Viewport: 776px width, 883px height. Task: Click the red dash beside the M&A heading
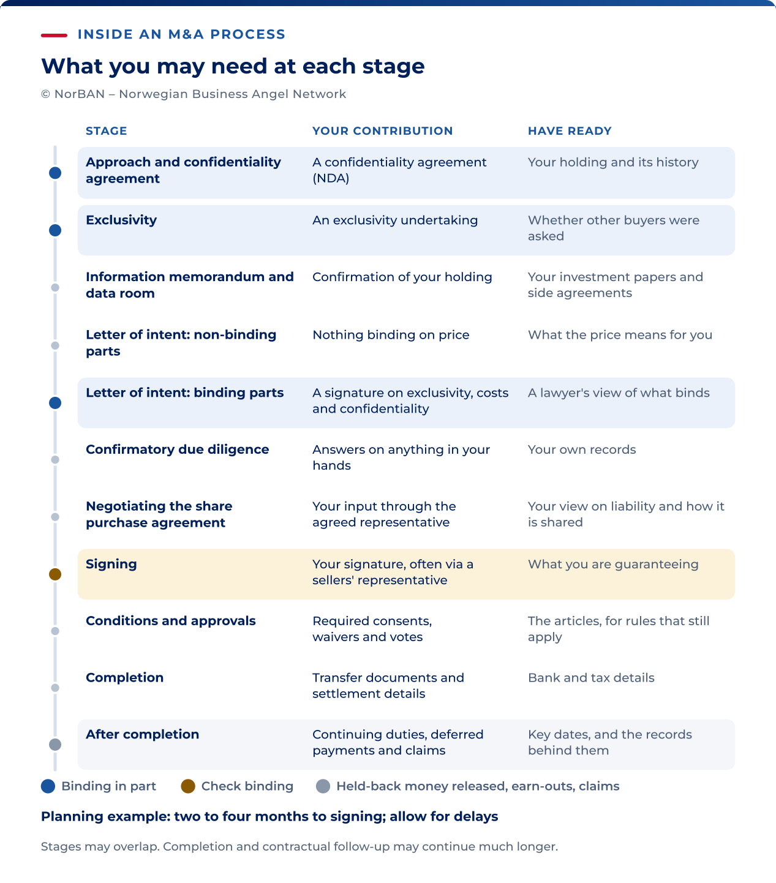coord(54,36)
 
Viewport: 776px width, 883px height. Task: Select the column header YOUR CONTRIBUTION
coord(382,131)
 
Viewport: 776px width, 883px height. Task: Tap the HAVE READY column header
coord(570,131)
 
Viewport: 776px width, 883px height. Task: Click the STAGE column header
coord(107,131)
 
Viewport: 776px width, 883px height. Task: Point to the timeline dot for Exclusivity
coord(55,230)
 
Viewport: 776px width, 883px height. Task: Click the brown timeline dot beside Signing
coord(55,574)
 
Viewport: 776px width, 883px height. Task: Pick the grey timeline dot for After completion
coord(55,745)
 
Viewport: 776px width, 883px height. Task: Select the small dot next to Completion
coord(55,688)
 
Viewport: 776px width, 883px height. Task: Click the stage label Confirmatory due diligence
coord(178,449)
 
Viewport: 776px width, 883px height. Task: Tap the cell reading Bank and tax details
coord(591,678)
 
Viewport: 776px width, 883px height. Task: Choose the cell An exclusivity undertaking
coord(395,220)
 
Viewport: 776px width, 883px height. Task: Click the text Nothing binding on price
coord(391,335)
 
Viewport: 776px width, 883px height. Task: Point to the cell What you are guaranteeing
coord(613,564)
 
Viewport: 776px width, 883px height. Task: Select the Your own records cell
coord(582,449)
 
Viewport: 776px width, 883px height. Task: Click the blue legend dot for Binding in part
coord(48,786)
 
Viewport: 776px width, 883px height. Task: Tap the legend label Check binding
coord(247,786)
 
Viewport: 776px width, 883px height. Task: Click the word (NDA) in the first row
coord(331,178)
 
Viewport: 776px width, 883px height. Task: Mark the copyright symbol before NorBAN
coord(45,94)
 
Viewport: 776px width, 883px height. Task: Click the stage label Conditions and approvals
coord(170,621)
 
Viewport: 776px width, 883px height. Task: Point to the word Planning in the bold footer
coord(72,817)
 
